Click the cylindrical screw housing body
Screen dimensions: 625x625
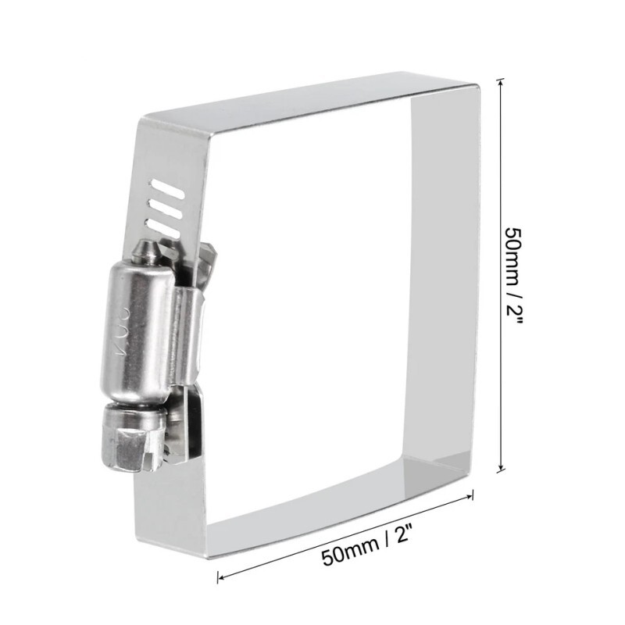coord(137,328)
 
